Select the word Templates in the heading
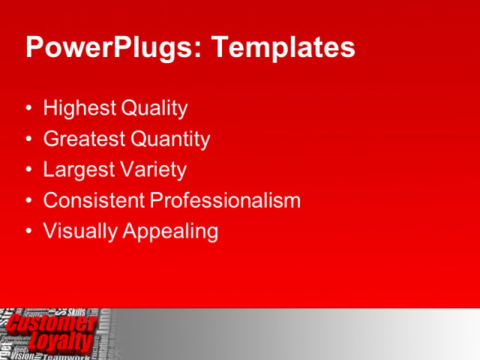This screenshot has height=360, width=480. tap(283, 47)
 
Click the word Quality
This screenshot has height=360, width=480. tap(154, 109)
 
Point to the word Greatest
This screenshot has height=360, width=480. tap(85, 139)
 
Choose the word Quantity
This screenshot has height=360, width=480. tap(170, 139)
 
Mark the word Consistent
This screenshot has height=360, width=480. tap(94, 200)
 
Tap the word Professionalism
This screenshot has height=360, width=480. tap(225, 200)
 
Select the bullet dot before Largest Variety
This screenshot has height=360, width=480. tap(29, 170)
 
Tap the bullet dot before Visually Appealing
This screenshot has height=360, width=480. tap(29, 232)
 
